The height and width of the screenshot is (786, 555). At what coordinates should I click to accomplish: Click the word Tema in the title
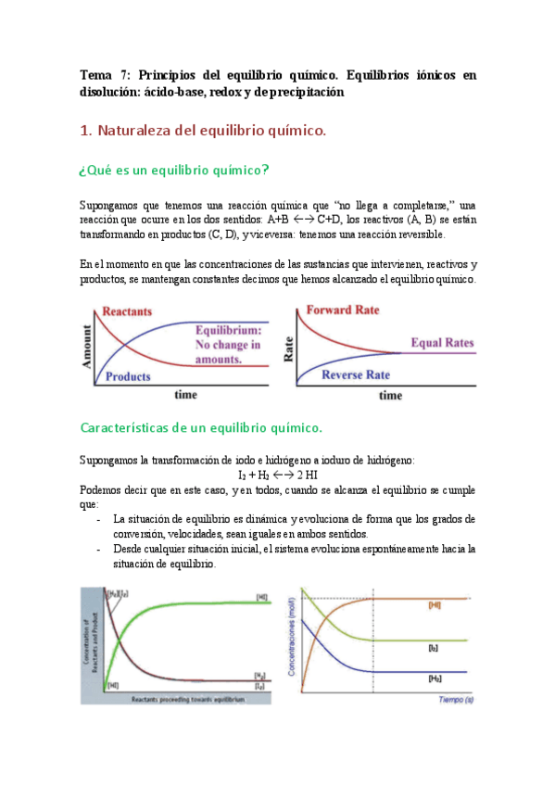point(95,74)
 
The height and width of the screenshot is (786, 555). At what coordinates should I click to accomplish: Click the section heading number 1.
point(85,132)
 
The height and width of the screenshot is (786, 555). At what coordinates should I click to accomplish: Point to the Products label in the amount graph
point(128,376)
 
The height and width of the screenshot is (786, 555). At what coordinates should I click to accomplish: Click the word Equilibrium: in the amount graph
point(228,331)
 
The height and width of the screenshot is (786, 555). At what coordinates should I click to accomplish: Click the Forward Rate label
point(342,310)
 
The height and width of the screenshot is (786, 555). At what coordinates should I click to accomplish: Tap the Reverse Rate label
point(355,374)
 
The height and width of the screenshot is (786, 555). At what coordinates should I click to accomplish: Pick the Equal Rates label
point(442,343)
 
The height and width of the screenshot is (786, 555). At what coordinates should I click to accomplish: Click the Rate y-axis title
point(288,345)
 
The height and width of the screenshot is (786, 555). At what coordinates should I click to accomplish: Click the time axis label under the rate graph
point(390,396)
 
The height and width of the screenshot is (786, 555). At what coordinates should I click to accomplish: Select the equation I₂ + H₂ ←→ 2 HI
point(277,475)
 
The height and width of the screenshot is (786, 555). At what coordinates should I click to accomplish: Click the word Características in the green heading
point(125,427)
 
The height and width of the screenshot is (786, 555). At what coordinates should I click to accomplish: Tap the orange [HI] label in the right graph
point(435,604)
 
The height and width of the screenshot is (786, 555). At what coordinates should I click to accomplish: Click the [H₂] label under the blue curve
point(435,678)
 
